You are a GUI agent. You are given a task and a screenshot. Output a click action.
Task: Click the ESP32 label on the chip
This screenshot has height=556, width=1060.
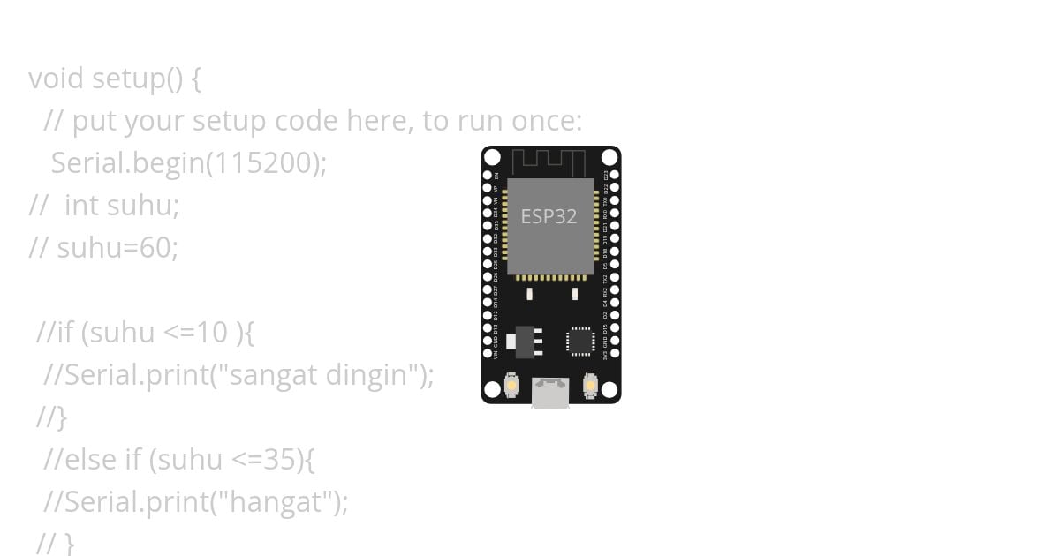549,216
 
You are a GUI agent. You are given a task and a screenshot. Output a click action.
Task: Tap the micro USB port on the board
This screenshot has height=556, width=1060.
550,394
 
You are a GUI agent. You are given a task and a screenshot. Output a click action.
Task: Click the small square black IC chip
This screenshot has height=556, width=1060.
580,341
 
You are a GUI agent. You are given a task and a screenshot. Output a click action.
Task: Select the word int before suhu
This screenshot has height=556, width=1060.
81,206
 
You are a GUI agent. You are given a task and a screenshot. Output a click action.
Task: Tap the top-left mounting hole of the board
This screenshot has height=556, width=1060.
492,157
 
